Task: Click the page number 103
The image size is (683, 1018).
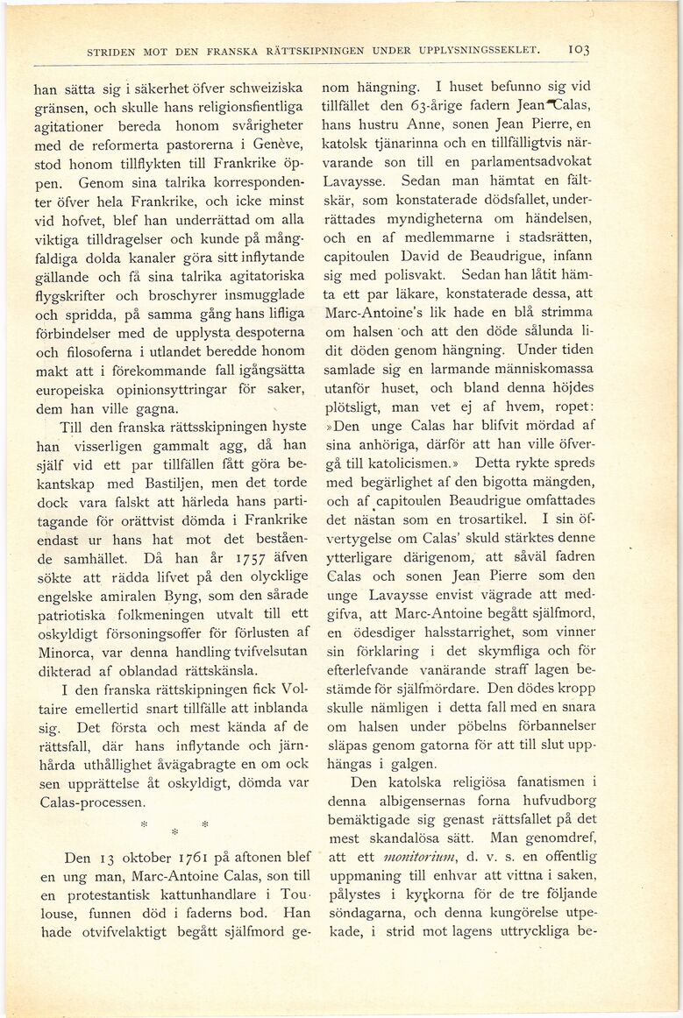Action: tap(578, 51)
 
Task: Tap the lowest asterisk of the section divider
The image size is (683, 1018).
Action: tap(174, 831)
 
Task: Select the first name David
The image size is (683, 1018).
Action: tap(423, 258)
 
